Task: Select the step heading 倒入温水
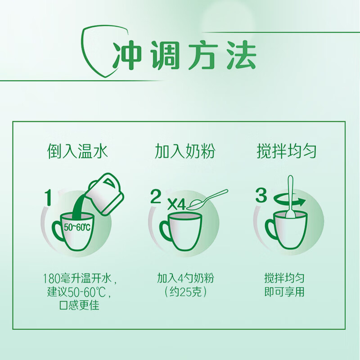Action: tap(77, 152)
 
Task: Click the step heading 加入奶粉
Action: tap(185, 152)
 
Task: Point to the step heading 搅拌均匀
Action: tap(287, 152)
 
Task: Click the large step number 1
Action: tap(48, 198)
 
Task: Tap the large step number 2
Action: tap(156, 196)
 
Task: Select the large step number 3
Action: tap(261, 195)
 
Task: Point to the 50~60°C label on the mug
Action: tap(76, 227)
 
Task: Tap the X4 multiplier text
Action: tap(176, 204)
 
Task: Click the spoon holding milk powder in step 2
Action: tap(207, 200)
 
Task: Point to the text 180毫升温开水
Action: tap(77, 279)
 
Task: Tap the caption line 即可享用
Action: tap(284, 292)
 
